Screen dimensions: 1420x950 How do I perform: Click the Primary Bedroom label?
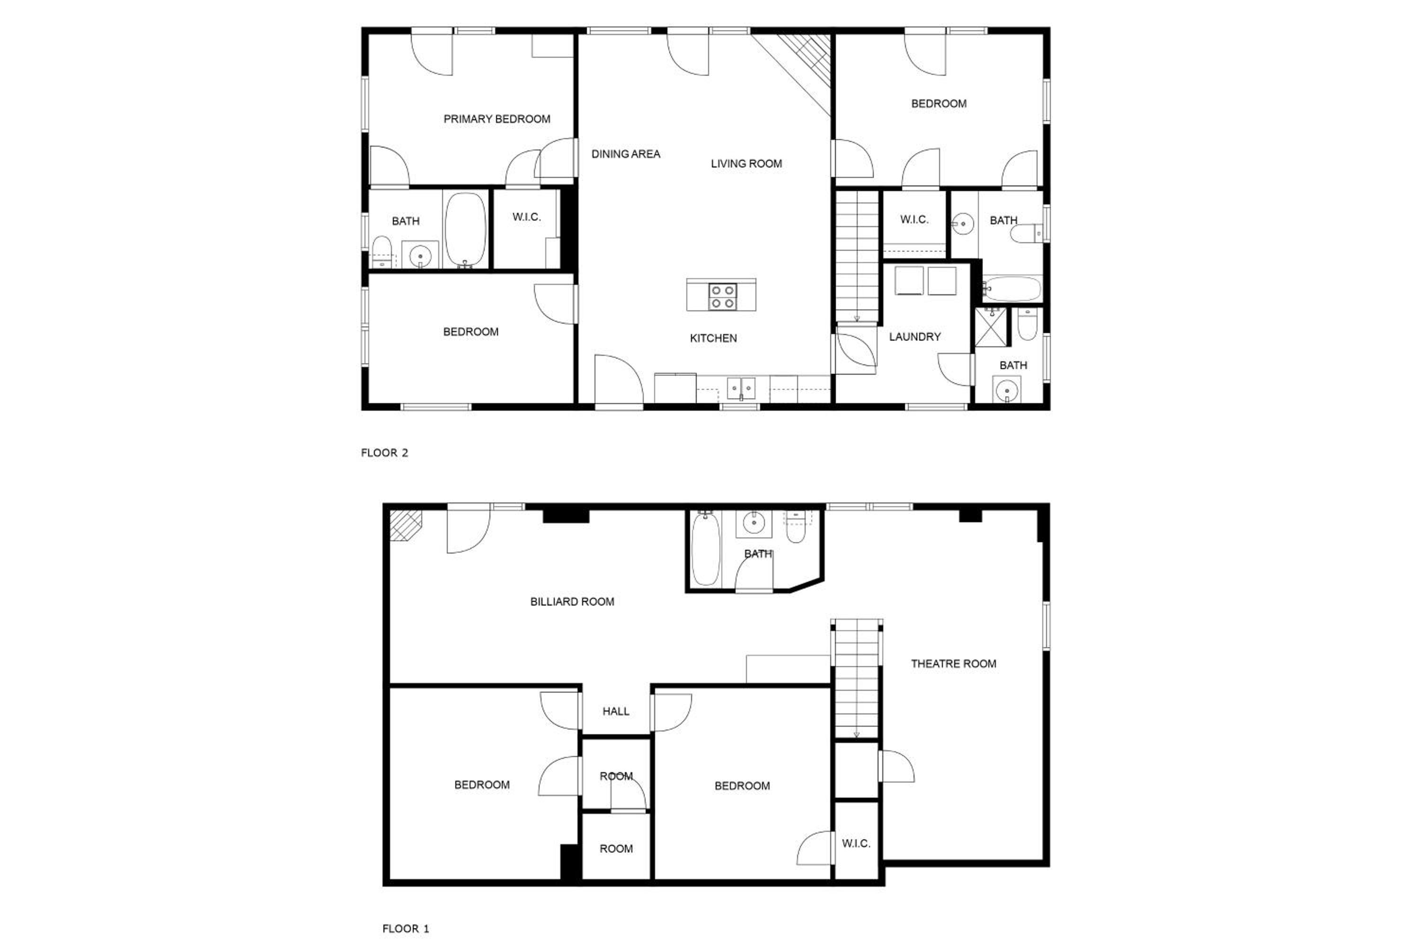tap(497, 119)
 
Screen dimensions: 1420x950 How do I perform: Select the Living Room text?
tap(746, 164)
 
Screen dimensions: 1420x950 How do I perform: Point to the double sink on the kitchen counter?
tap(741, 388)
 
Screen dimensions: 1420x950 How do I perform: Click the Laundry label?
tap(914, 337)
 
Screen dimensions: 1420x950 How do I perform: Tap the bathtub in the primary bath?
tap(465, 230)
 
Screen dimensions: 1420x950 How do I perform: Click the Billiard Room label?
tap(572, 602)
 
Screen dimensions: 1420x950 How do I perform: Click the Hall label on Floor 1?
tap(616, 711)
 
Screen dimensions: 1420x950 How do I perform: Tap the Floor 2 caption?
tap(384, 453)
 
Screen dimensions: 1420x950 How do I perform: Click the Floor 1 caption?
tap(406, 929)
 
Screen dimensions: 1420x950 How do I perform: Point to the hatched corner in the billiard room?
tap(404, 525)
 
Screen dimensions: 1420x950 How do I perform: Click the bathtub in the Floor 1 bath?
tap(706, 549)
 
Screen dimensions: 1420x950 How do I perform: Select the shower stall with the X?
tap(991, 327)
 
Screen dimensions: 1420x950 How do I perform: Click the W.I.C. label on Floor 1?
tap(856, 844)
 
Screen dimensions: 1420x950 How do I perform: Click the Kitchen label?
tap(713, 339)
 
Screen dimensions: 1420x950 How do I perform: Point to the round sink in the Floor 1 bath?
tap(754, 522)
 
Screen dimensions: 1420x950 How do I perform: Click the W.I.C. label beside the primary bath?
tap(526, 217)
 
